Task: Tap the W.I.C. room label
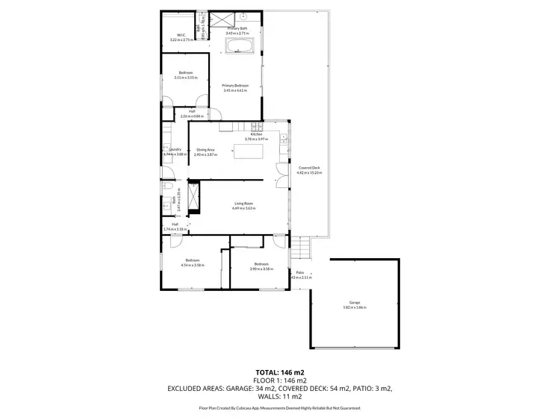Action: [181, 34]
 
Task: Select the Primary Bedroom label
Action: [235, 86]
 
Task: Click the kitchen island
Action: [249, 154]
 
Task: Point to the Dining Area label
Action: [205, 150]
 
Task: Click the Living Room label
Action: [244, 203]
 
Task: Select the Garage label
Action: [354, 302]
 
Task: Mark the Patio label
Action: [299, 272]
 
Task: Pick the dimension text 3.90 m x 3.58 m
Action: [261, 269]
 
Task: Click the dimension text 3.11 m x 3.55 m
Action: [185, 78]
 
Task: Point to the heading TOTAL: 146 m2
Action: [279, 372]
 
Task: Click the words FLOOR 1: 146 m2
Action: [279, 380]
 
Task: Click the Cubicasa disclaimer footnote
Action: [279, 408]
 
